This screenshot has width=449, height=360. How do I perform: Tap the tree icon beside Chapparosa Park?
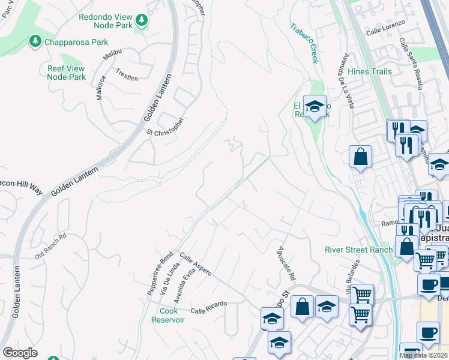point(35,41)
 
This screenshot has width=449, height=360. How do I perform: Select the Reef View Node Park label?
point(66,73)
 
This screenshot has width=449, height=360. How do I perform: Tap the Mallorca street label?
point(101,87)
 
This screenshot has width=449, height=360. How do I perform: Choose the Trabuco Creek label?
point(304,43)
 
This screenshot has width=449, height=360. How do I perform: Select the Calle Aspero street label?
point(195,264)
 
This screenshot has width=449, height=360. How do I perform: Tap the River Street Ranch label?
point(358,250)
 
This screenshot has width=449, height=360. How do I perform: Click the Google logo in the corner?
point(20,353)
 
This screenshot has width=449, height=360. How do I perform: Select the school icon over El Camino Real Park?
point(315,107)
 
